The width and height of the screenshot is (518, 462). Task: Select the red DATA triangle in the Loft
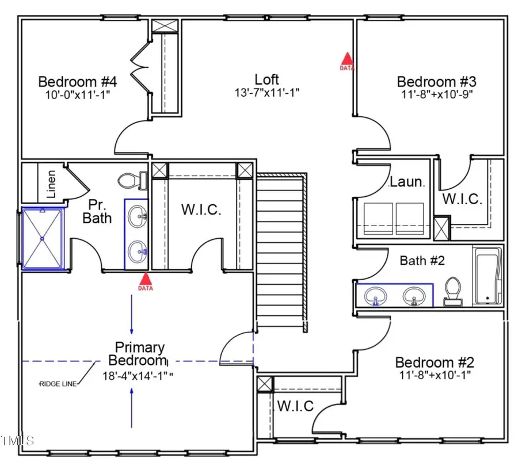[x=346, y=60]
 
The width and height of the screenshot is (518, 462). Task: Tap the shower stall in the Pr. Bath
[x=42, y=238]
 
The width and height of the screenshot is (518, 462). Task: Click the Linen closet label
[x=51, y=184]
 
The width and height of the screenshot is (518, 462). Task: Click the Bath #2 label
[x=422, y=261]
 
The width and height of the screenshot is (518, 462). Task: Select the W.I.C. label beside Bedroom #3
[x=462, y=199]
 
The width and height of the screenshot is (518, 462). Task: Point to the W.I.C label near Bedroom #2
[x=295, y=406]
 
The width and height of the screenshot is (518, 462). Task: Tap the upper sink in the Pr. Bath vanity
[x=136, y=217]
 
